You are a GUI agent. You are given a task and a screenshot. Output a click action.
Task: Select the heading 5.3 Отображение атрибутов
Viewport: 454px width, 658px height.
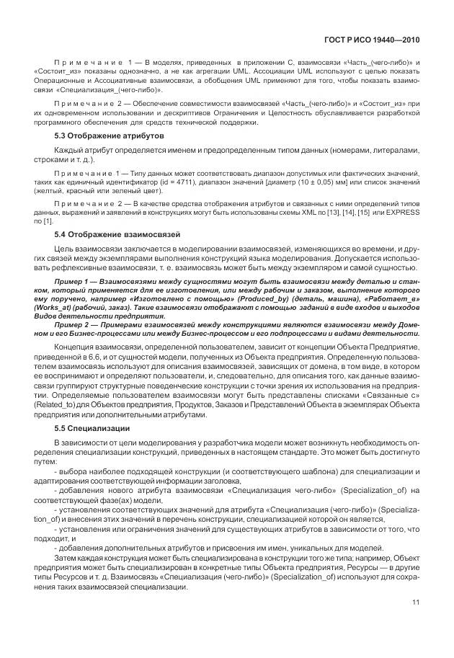point(110,136)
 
